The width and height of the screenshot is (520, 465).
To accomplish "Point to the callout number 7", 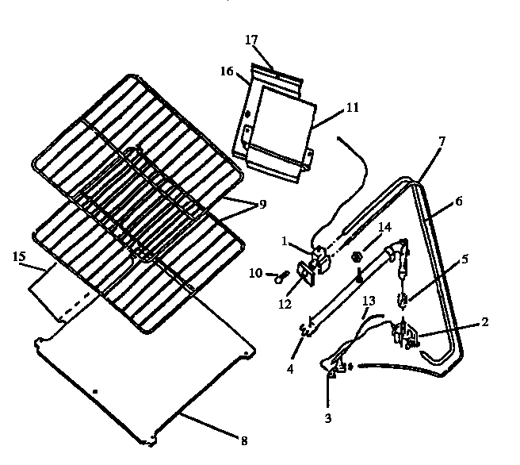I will tap(442, 140).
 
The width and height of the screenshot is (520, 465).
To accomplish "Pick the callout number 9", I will tap(262, 203).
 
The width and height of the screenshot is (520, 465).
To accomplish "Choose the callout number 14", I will tap(384, 227).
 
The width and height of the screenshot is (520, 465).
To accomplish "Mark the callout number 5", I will tap(465, 258).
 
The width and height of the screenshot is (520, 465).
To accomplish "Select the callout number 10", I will tap(256, 274).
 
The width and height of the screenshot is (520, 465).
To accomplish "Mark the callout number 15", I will tap(19, 258).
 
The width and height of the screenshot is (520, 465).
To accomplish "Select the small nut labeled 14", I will tap(357, 256).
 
